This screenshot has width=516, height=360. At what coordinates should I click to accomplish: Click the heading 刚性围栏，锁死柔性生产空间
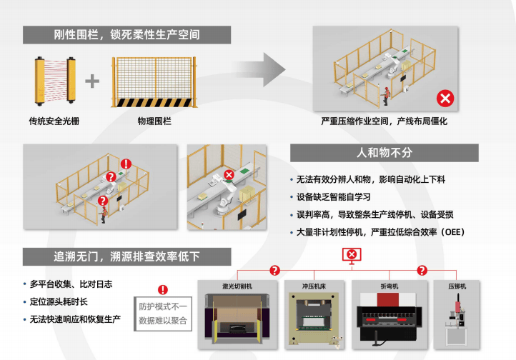[126, 34]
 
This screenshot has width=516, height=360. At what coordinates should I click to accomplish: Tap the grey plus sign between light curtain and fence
[92, 81]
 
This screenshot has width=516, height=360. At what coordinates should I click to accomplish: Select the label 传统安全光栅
[54, 121]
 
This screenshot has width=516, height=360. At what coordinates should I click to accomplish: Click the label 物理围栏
[154, 121]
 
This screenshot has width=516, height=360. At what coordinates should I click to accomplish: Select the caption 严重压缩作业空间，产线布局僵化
[384, 121]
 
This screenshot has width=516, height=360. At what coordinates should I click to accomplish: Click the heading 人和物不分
[384, 153]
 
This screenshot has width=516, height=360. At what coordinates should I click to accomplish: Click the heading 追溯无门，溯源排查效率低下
[126, 256]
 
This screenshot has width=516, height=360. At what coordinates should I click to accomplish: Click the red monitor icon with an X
[352, 254]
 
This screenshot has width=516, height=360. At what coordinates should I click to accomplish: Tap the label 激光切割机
[237, 286]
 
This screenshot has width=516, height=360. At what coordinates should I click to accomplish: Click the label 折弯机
[390, 286]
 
